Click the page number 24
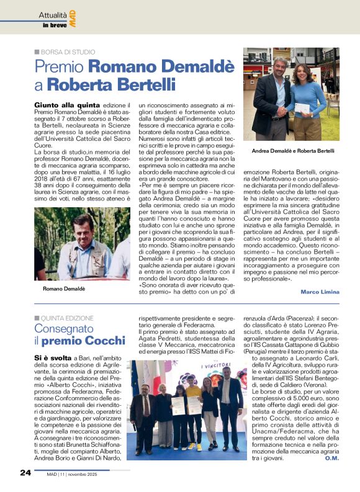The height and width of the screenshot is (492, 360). pos(24,473)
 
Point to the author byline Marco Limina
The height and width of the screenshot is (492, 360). pos(321,292)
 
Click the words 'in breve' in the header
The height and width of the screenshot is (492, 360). pos(53,25)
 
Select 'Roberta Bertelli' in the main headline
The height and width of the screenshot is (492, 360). pos(103,84)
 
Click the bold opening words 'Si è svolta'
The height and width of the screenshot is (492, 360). pos(53,359)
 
